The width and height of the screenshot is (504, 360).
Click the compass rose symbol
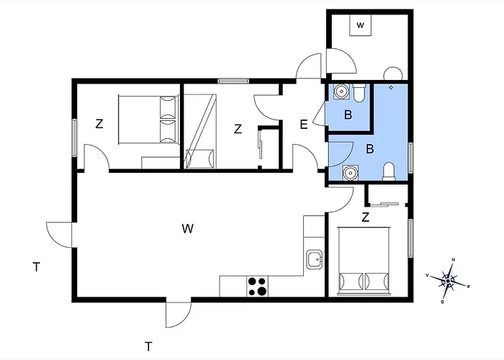[449, 280]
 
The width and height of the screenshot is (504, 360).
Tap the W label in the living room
[188, 229]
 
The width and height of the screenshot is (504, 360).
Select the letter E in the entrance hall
[304, 125]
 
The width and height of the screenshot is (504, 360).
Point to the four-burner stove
[258, 286]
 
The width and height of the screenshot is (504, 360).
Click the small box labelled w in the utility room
[360, 25]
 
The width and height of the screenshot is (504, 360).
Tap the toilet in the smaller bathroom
[360, 91]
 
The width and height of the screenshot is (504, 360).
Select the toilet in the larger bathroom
[389, 171]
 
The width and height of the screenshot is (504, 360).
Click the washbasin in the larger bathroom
[350, 172]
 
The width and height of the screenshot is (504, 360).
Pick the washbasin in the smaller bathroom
[341, 91]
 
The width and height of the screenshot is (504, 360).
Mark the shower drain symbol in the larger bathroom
[390, 87]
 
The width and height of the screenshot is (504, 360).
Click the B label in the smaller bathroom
[348, 114]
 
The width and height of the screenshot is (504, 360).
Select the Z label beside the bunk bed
[237, 130]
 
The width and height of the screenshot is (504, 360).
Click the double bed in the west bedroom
[148, 119]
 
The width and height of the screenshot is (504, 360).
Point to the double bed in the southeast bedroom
[364, 260]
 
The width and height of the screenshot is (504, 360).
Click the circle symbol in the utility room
[393, 73]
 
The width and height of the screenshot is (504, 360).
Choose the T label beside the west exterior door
[35, 268]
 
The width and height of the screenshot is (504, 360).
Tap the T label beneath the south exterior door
[148, 346]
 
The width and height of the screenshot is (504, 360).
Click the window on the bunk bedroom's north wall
[229, 81]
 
